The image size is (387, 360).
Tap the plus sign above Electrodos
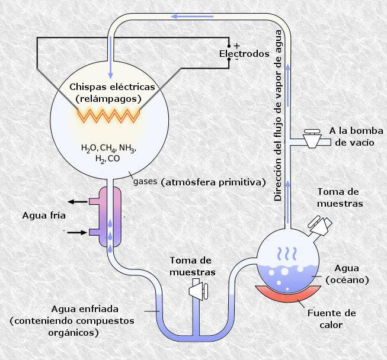237,46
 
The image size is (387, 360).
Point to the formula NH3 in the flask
127,149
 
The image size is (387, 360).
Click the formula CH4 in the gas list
108,149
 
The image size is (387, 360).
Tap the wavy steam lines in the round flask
287,254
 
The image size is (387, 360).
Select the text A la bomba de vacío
356,137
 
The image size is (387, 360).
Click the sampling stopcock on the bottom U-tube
199,290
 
